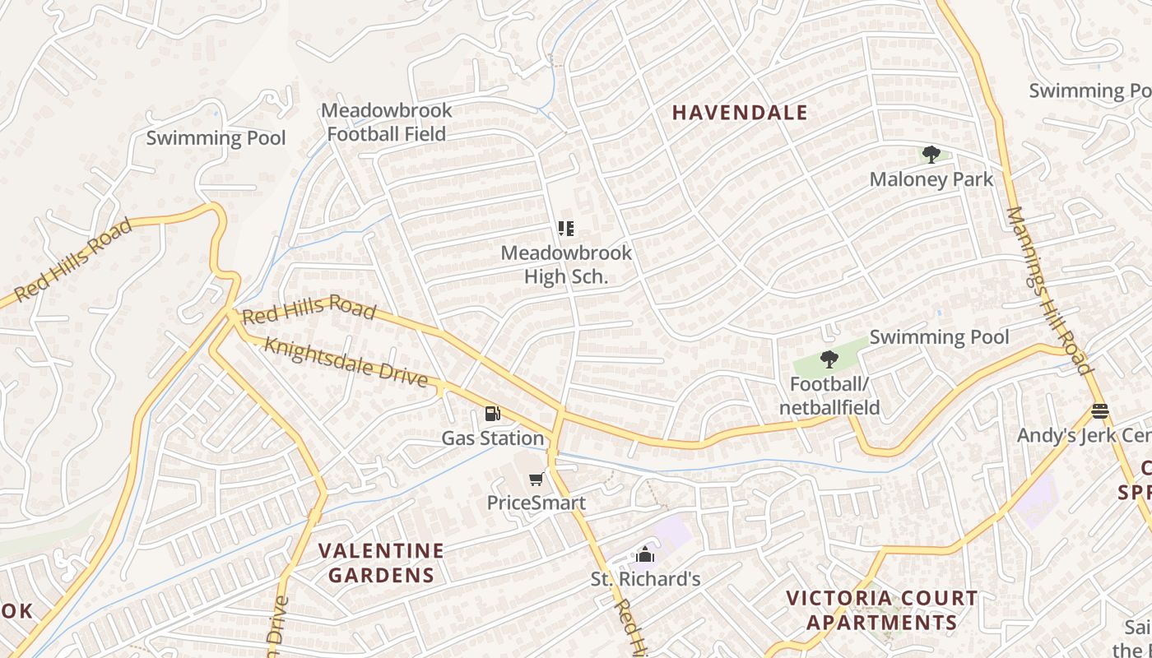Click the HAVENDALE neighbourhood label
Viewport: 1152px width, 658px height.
[x=740, y=113]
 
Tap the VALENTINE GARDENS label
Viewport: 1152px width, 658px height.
[x=381, y=563]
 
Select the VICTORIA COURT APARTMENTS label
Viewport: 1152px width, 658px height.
[x=882, y=610]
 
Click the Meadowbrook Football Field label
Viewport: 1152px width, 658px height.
[x=387, y=122]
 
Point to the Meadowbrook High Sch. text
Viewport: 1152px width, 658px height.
[x=566, y=265]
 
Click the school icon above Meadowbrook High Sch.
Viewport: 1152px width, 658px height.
[x=566, y=228]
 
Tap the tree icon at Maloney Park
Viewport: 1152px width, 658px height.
[x=931, y=155]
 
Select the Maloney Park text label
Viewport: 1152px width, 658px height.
[x=931, y=179]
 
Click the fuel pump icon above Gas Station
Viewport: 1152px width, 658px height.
[x=492, y=414]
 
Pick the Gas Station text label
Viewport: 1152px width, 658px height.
[x=492, y=438]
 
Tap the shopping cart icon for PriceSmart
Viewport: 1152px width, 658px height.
[x=537, y=479]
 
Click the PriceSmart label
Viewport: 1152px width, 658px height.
[x=537, y=503]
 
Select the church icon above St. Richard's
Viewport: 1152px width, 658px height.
[x=645, y=554]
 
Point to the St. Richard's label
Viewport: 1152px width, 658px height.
[x=645, y=579]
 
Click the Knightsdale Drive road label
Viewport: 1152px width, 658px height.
[x=346, y=362]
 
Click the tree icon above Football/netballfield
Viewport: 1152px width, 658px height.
[x=829, y=359]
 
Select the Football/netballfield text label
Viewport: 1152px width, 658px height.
[x=829, y=396]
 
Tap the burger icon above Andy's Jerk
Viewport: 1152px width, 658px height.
[x=1099, y=410]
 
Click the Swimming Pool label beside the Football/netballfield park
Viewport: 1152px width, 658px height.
[x=939, y=336]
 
